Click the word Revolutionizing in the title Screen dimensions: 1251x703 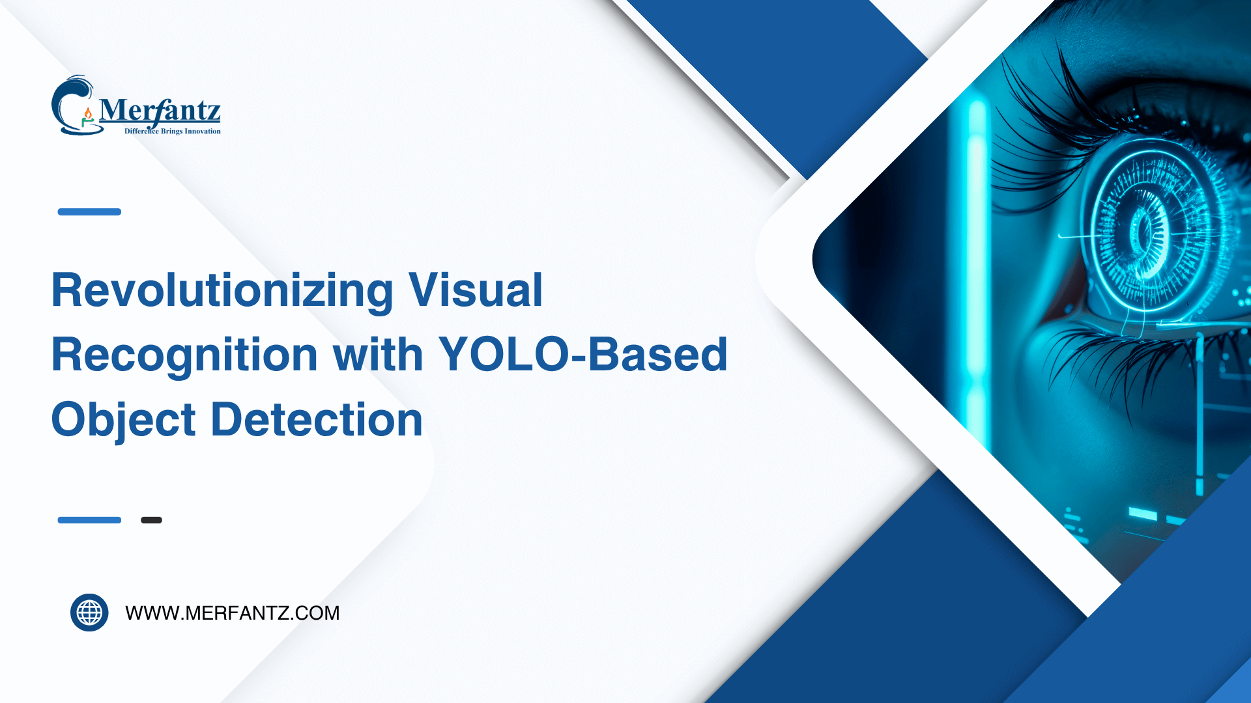point(222,290)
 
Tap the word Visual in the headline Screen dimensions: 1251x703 point(475,290)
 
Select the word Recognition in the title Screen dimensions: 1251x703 point(184,355)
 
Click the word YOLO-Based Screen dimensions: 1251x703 point(582,355)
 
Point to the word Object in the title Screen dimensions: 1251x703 point(123,420)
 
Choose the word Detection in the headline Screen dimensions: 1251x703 point(317,419)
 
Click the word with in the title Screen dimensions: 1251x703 point(378,355)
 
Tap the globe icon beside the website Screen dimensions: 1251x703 point(89,613)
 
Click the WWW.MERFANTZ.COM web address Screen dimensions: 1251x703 point(232,613)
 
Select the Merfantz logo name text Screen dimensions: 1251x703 point(160,111)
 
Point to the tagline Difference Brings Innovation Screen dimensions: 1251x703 point(173,131)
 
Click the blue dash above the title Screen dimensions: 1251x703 point(89,212)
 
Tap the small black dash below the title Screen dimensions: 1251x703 point(151,520)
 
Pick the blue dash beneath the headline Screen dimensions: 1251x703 point(89,520)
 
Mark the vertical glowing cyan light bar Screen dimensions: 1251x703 point(975,273)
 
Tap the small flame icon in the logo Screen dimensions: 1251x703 point(88,115)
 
